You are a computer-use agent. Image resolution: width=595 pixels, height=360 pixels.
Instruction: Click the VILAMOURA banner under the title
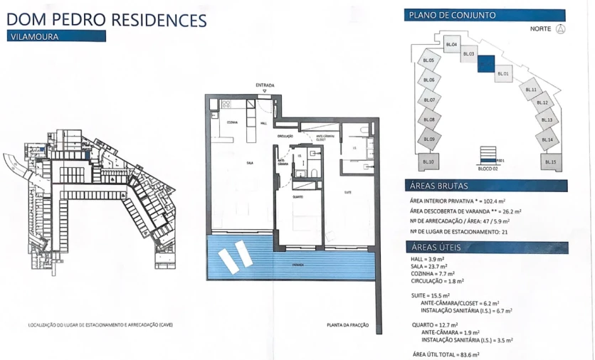coord(56,36)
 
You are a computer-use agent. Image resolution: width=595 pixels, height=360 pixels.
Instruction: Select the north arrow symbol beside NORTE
coord(560,29)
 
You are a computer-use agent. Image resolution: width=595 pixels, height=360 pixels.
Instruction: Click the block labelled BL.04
coord(451,45)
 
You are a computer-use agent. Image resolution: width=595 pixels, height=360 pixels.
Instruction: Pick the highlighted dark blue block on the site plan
coord(486,64)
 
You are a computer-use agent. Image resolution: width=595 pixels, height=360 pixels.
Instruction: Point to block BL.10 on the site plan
coord(428,162)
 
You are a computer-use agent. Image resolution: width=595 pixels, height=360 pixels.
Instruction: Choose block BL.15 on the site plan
coord(549,162)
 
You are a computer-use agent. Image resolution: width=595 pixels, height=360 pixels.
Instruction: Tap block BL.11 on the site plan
coord(530,90)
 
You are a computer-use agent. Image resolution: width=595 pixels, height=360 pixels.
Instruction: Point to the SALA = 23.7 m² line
coord(428,267)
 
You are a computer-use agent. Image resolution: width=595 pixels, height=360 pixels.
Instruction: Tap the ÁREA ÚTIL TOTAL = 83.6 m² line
coord(446,354)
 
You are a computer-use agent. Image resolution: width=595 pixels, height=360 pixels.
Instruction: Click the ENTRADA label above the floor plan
coord(265,85)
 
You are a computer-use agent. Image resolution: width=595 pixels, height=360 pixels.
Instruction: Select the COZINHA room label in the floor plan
coord(233,123)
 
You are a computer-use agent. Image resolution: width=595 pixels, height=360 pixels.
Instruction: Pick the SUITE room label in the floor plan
coord(348,192)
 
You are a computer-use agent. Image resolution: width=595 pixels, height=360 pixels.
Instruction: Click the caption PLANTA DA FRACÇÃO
coord(347,324)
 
